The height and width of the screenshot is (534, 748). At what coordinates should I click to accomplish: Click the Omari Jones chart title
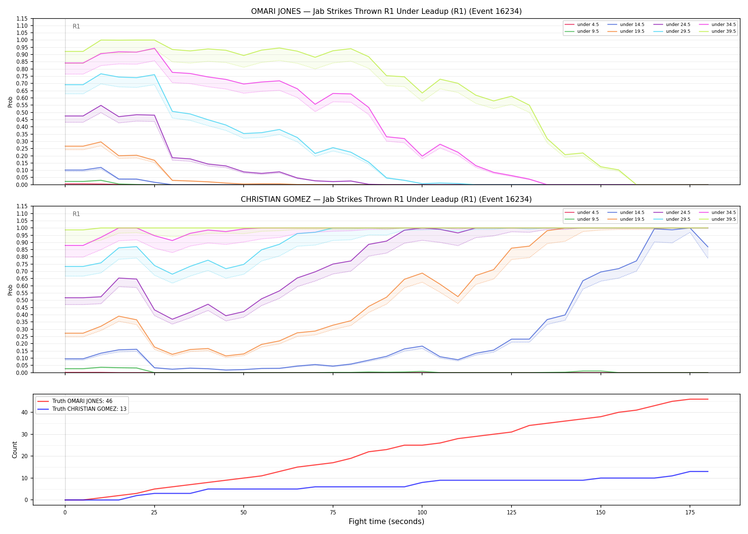click(x=386, y=11)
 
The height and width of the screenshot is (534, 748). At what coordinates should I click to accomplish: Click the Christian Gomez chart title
click(x=386, y=199)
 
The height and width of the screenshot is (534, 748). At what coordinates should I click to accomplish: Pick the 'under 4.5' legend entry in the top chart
click(x=582, y=25)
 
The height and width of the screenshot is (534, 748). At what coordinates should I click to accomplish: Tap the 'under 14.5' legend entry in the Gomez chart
click(x=626, y=213)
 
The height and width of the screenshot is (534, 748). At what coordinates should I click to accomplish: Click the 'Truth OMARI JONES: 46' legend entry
click(x=75, y=401)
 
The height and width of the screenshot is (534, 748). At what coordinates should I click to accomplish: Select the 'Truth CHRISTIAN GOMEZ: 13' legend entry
click(x=82, y=409)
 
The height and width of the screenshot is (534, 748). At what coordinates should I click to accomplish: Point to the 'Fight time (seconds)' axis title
click(x=386, y=522)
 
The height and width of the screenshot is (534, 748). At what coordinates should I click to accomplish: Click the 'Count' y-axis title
click(x=15, y=450)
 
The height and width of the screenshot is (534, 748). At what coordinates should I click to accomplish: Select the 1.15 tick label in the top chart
click(x=22, y=19)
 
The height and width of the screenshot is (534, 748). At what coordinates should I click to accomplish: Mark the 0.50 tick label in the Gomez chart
click(x=22, y=300)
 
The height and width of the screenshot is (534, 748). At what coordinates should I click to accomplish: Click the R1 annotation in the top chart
click(x=76, y=26)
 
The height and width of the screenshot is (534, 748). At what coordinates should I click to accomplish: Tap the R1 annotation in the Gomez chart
click(x=76, y=214)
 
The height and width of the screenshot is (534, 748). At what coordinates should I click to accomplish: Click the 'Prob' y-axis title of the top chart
click(x=10, y=102)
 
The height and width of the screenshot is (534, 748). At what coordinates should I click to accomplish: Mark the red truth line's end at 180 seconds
click(x=708, y=399)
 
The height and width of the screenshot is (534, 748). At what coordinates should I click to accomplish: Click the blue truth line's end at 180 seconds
click(x=708, y=471)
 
